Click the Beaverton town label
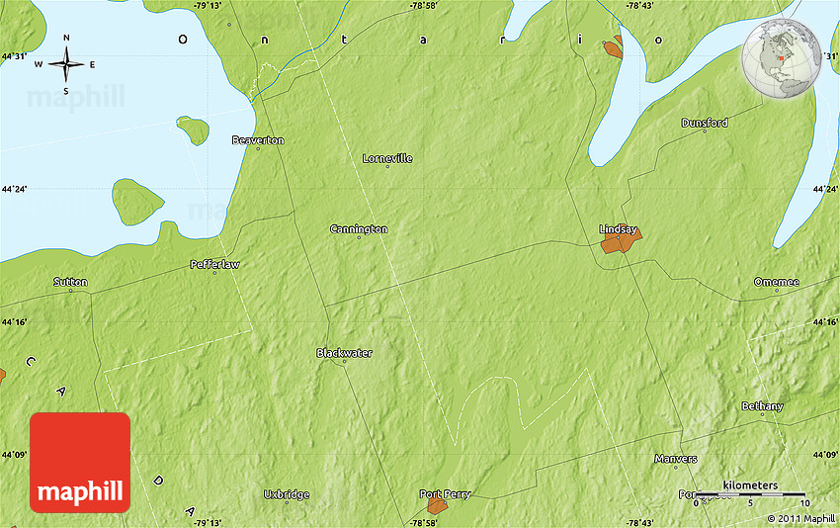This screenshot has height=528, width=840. point(257,140)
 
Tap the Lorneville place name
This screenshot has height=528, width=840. point(387,158)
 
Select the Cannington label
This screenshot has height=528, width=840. point(358,229)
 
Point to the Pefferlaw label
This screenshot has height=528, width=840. point(214,265)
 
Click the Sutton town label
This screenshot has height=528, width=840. point(70,282)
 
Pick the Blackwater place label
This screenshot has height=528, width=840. point(344,353)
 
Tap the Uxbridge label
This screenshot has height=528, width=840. point(287,494)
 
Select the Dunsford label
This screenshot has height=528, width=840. point(705,123)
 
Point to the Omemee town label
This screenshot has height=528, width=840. point(776,282)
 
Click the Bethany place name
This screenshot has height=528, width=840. point(762,406)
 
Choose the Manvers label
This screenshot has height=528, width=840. point(676,459)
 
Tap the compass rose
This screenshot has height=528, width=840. point(66,65)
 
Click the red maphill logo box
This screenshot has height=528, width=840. point(80,462)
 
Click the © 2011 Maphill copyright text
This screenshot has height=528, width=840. point(800,518)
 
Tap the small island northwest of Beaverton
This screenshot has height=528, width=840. point(193,129)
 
